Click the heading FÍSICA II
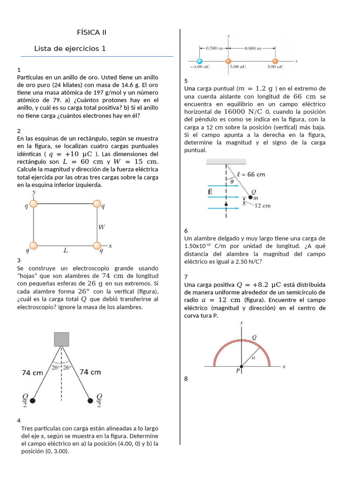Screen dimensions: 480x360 tap(91, 32)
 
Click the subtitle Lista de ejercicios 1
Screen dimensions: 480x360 tap(70, 49)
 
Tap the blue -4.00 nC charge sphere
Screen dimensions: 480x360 tap(200, 61)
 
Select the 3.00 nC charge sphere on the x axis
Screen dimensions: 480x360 tap(275, 61)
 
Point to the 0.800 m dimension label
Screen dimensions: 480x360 tap(253, 48)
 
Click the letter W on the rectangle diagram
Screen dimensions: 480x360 tap(102, 227)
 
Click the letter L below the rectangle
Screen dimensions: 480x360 tap(66, 251)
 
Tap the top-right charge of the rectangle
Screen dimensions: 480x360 tap(97, 203)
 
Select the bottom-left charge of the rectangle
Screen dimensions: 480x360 tap(33, 246)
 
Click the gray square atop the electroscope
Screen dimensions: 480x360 tap(61, 339)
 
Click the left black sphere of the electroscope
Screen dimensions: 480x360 tap(32, 400)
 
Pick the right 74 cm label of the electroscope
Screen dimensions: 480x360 tap(90, 372)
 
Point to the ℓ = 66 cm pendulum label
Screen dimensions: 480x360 tap(251, 174)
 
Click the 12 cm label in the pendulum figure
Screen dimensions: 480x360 tap(262, 205)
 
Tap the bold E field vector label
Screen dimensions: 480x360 tap(210, 191)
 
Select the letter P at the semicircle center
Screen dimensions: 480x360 tap(238, 370)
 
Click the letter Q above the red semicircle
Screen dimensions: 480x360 tap(255, 337)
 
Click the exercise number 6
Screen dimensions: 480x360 tap(186, 231)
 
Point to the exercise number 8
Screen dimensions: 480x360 tap(186, 379)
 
